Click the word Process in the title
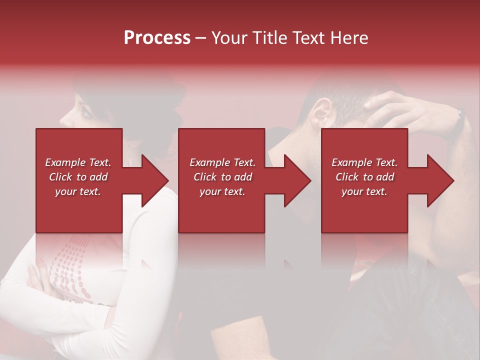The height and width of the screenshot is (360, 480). tap(157, 38)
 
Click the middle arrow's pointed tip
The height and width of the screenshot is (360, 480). tap(310, 180)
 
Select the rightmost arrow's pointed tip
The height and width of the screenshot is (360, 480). tap(453, 180)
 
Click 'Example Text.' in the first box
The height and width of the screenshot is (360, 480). tap(78, 162)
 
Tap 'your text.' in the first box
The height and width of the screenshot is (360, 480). tap(78, 191)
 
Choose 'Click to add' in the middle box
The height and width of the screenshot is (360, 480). tap(222, 177)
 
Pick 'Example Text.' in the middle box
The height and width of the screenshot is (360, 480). tap(222, 162)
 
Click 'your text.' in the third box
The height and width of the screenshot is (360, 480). tap(364, 191)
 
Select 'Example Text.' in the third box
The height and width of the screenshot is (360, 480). tap(364, 162)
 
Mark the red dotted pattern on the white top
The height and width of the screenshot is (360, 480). tap(67, 270)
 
